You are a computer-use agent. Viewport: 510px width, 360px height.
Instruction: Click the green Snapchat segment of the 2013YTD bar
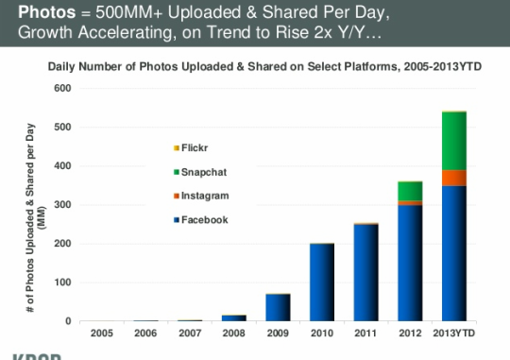pos(454,141)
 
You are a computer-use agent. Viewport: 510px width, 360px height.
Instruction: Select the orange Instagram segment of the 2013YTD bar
pos(454,178)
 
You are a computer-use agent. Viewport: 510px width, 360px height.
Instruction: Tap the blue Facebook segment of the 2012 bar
pos(410,263)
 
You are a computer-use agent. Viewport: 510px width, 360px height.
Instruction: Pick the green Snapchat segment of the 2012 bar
pos(410,192)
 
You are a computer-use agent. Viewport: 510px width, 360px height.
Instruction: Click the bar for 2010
pos(322,283)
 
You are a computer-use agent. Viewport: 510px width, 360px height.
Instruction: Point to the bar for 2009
pos(278,308)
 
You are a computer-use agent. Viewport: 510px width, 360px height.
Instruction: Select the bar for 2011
pos(365,272)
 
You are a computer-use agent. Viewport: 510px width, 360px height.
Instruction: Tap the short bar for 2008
pos(234,318)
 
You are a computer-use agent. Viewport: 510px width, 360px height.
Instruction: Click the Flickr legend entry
pos(191,148)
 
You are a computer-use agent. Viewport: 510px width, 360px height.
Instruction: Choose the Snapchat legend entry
pos(200,172)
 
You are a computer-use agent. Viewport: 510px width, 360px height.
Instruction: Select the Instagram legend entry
pos(202,196)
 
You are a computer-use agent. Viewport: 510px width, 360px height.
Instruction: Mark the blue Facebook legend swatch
pos(177,220)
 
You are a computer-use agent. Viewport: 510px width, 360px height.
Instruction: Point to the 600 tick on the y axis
pos(62,88)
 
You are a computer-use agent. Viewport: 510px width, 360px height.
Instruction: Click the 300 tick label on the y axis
pos(62,205)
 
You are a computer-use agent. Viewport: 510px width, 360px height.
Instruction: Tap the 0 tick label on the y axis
pos(68,321)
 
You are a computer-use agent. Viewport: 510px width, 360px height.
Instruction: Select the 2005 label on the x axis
pos(102,334)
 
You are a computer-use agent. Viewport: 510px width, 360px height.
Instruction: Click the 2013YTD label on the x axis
pos(454,334)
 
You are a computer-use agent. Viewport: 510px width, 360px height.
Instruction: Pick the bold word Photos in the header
pos(47,12)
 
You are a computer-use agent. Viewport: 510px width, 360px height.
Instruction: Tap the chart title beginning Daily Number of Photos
pos(264,67)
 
